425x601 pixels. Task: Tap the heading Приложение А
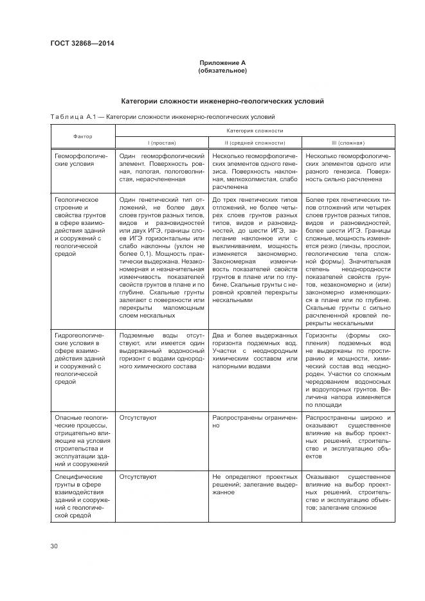click(x=222, y=63)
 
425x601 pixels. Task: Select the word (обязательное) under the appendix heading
click(x=222, y=70)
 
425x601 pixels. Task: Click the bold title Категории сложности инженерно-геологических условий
click(x=222, y=102)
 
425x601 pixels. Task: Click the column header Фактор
click(x=82, y=136)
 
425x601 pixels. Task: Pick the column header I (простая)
click(x=161, y=143)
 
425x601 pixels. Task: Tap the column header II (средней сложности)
click(x=255, y=143)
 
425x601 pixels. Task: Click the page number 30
click(x=54, y=546)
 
